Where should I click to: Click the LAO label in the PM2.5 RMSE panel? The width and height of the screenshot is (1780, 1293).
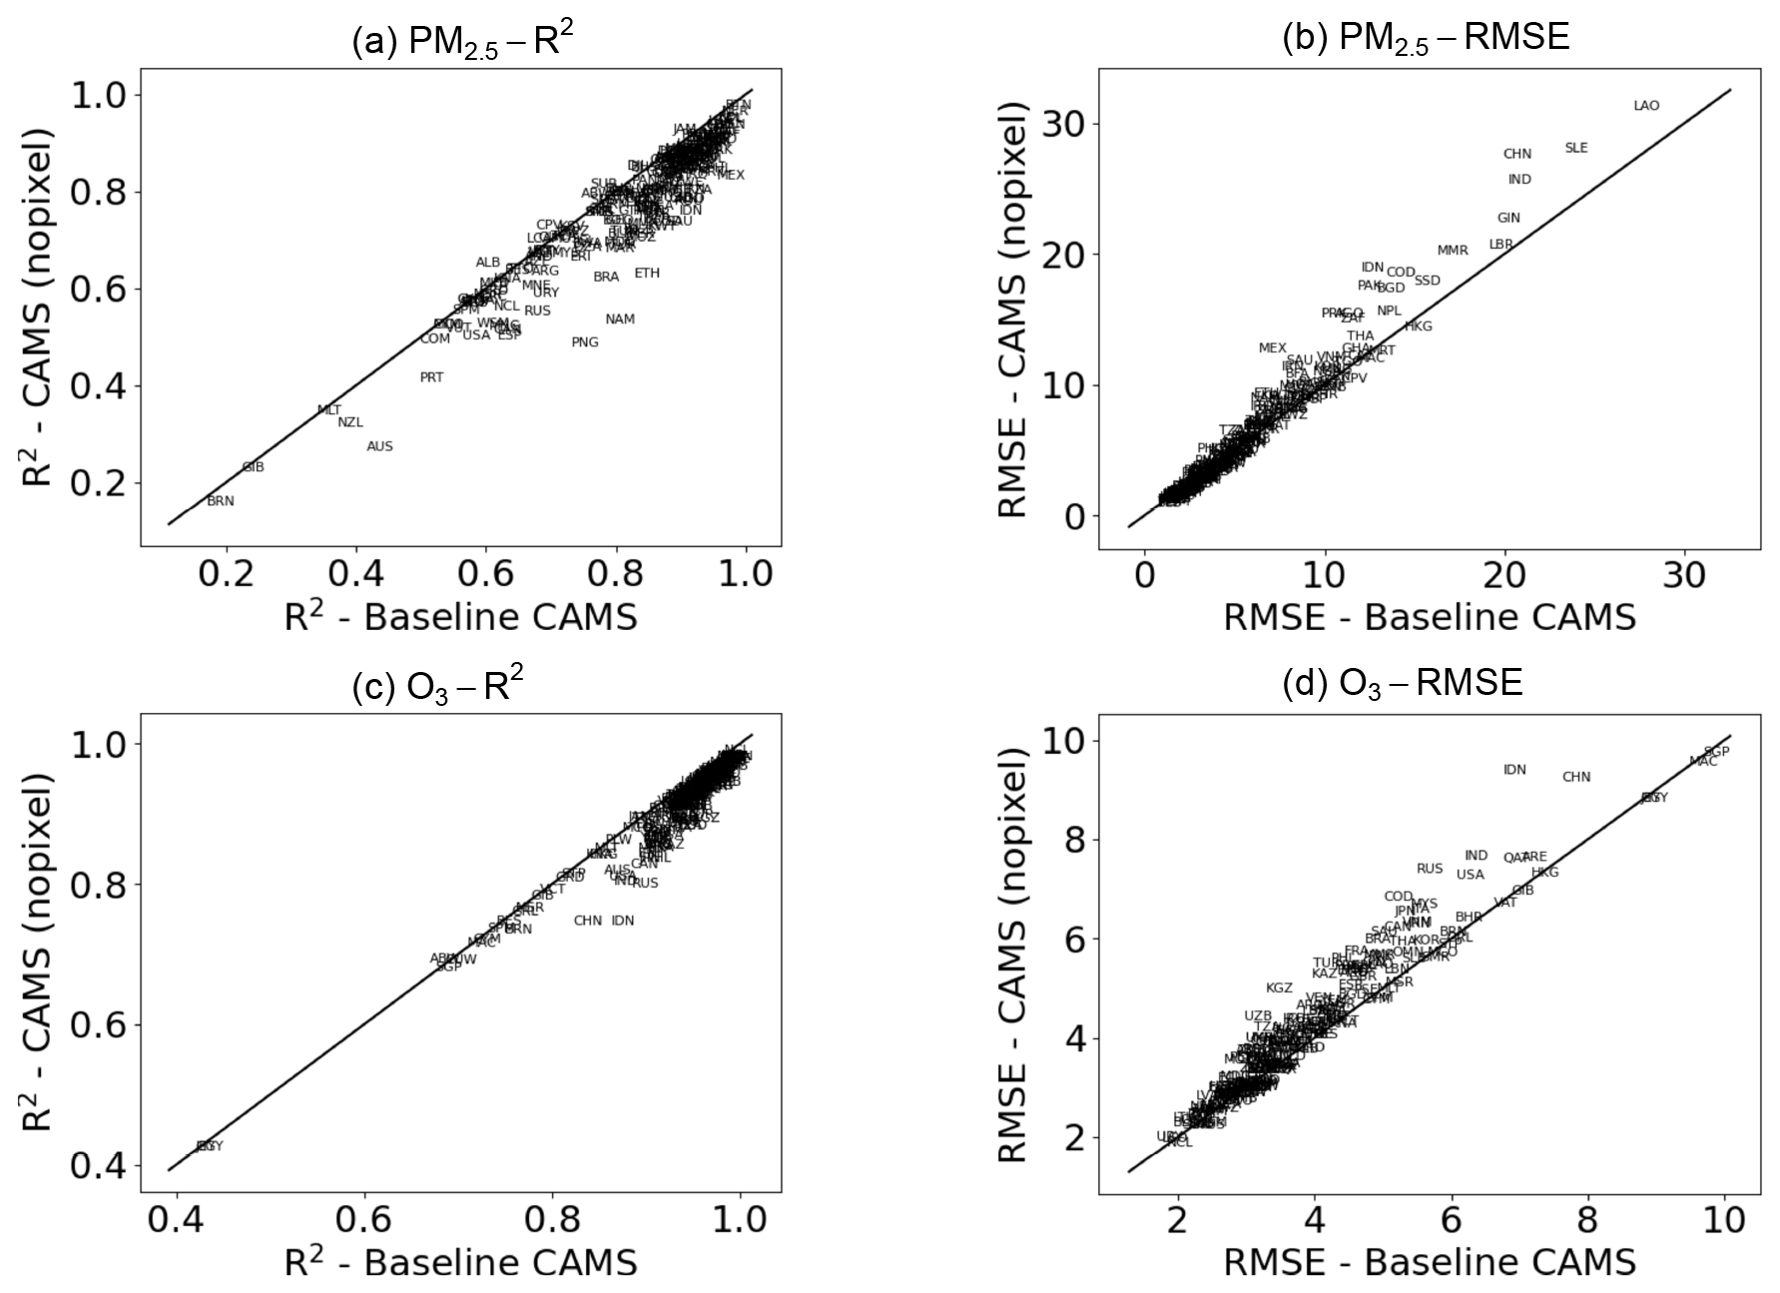(1646, 106)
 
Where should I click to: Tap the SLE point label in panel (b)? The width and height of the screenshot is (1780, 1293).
(1575, 148)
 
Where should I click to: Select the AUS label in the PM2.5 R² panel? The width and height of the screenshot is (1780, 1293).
(379, 446)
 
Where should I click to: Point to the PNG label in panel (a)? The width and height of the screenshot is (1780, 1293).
(585, 342)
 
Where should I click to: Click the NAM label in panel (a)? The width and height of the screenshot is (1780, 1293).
(620, 320)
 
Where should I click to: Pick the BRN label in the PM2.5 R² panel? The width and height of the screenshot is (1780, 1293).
(221, 501)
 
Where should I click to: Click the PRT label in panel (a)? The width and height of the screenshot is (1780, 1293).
(431, 377)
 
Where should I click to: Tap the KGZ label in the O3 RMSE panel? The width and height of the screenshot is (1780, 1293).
(1279, 988)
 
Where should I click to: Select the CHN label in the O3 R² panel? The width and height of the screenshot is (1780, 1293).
(588, 921)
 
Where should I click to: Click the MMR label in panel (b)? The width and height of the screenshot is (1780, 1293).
(1453, 251)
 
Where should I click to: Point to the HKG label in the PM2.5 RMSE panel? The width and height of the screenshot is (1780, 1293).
(1418, 326)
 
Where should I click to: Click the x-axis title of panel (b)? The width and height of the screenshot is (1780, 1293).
(1430, 617)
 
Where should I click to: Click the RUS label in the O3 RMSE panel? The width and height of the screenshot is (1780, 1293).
(1430, 869)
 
